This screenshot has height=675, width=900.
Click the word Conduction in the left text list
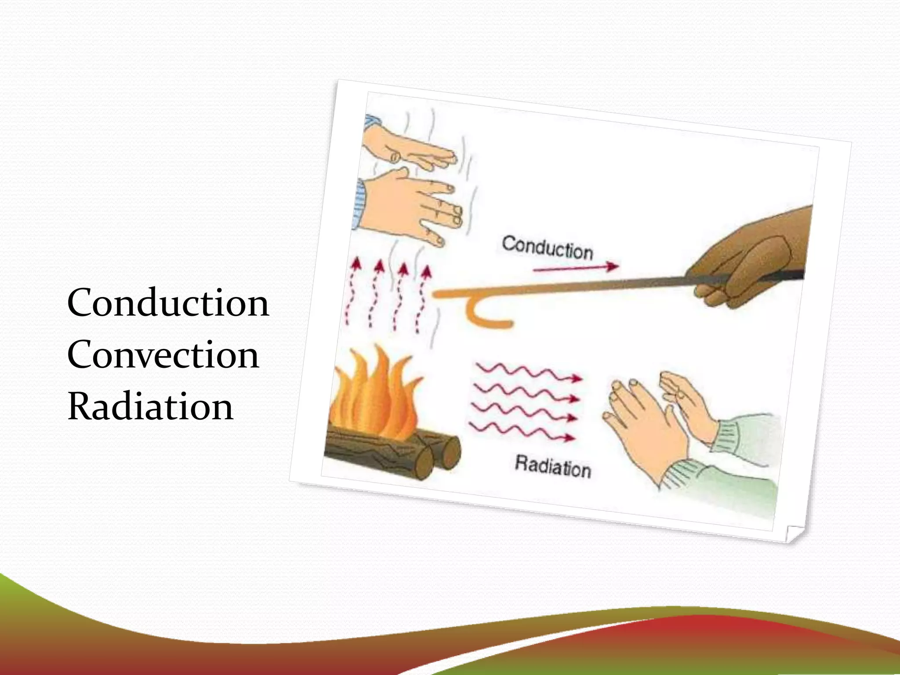pos(168,303)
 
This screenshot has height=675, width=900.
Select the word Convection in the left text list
pos(163,355)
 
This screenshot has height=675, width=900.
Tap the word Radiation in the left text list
pos(150,406)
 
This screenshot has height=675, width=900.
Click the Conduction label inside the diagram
pos(548,248)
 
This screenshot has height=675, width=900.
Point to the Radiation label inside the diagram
pos(553,466)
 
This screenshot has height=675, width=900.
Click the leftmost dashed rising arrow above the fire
pos(352,290)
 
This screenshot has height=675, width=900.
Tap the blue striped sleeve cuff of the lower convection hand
pos(359,204)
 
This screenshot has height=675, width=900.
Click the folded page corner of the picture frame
pos(794,533)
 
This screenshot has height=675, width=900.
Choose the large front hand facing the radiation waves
pos(646,431)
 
